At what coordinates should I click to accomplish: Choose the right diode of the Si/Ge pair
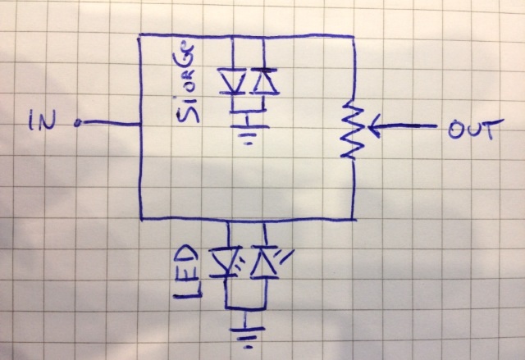[262, 81]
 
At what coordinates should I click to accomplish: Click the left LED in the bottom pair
[226, 263]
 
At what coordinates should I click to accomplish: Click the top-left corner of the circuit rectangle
[139, 35]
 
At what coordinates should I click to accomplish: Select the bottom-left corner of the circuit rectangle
[140, 219]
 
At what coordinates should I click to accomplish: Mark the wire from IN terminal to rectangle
[111, 124]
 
